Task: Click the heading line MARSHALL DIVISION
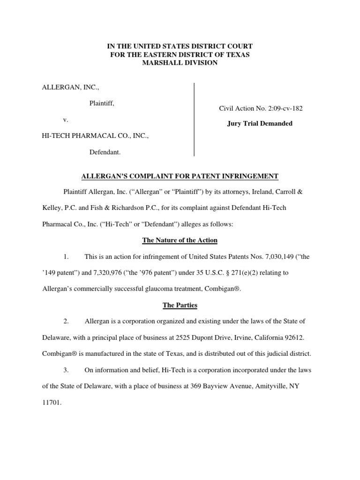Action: [x=180, y=63]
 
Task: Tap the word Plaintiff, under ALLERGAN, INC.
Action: [x=102, y=103]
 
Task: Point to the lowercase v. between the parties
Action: [x=66, y=120]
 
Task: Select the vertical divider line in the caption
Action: [x=194, y=119]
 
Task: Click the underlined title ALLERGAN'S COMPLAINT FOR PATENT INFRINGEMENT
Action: [x=180, y=176]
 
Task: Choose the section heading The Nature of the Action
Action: [x=180, y=240]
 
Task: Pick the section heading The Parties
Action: [x=180, y=305]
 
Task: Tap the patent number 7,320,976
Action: [x=105, y=273]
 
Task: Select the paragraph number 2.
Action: [x=66, y=322]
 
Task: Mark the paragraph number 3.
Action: [x=66, y=370]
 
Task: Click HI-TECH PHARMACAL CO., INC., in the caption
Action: [x=96, y=136]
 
